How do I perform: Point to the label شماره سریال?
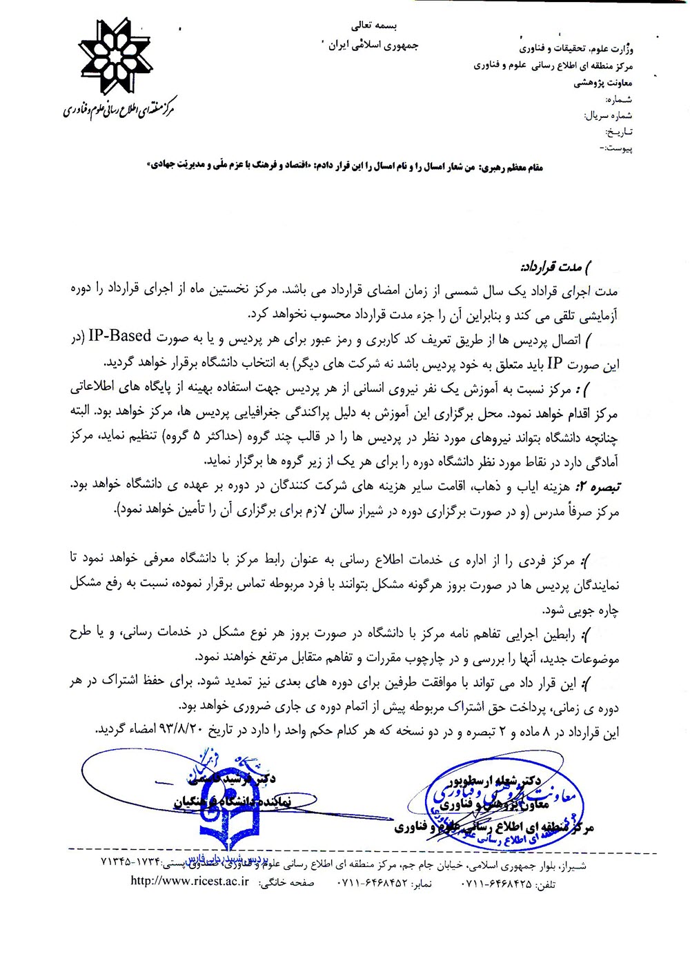coord(608,115)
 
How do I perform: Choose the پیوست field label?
coord(617,148)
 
